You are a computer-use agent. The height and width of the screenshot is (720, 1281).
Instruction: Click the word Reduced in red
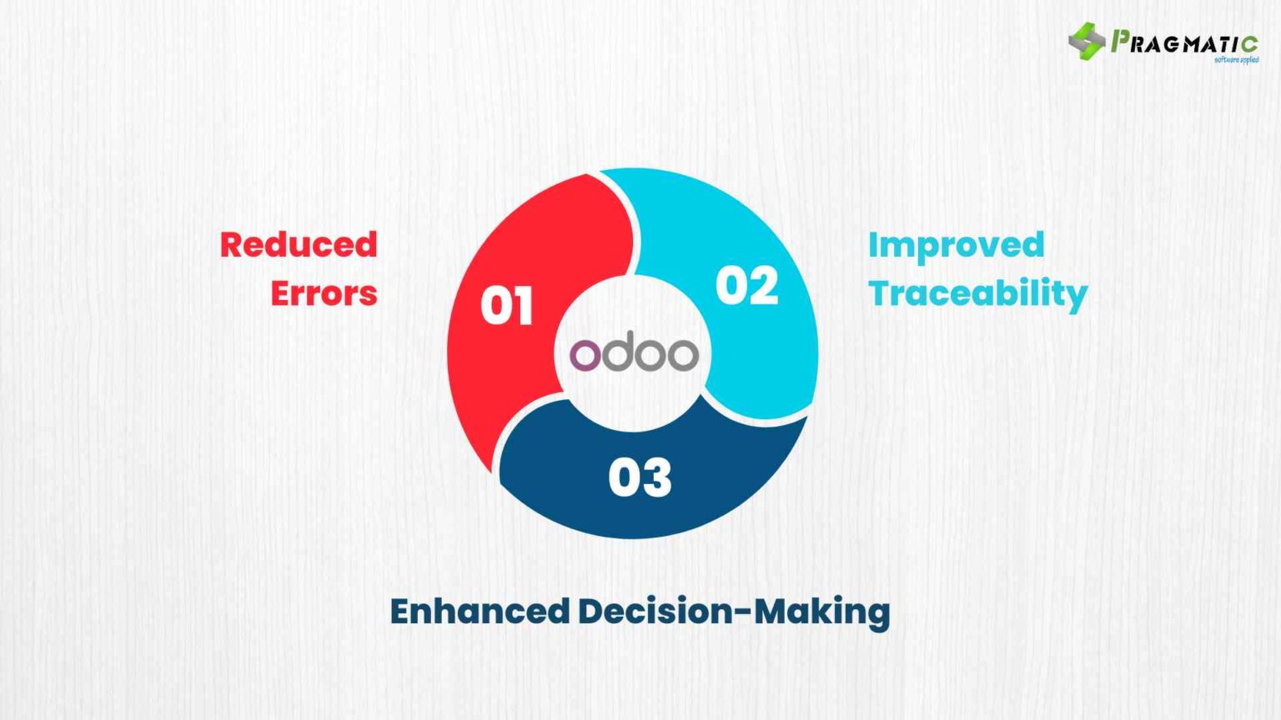click(299, 244)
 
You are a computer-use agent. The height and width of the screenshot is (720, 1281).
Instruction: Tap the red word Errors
click(324, 293)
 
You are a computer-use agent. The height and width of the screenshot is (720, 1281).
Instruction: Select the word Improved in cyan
click(956, 244)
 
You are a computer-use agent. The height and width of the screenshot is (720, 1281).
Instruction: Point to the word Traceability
click(977, 294)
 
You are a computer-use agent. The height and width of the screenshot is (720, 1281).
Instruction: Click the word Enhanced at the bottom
click(480, 611)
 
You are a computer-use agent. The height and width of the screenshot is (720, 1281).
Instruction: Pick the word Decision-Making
click(734, 611)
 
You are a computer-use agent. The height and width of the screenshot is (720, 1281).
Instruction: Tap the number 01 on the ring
click(506, 306)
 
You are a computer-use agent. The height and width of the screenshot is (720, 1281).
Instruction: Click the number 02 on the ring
click(746, 286)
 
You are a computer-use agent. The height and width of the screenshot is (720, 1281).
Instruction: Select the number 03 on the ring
click(640, 477)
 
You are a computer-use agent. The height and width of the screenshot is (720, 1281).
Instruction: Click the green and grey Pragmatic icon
click(1086, 41)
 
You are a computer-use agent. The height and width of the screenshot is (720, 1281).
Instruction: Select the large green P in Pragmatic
click(1119, 40)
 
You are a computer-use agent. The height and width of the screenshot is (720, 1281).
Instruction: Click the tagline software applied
click(1236, 60)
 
